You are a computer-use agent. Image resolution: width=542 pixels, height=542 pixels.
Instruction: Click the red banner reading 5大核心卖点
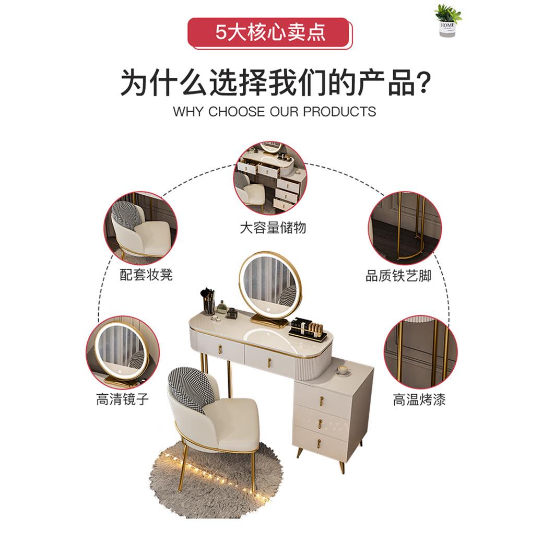tap(269, 32)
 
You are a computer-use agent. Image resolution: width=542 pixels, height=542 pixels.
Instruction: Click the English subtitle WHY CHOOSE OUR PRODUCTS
tap(274, 111)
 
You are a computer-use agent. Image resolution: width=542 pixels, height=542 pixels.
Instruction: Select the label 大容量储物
tap(273, 228)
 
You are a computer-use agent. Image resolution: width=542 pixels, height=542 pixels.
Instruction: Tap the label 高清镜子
tap(123, 400)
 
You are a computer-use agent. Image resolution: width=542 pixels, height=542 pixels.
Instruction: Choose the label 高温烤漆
tap(419, 400)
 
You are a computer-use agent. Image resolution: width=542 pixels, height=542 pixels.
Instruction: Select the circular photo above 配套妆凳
tap(140, 228)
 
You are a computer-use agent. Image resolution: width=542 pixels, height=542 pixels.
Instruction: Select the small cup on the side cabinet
tap(343, 370)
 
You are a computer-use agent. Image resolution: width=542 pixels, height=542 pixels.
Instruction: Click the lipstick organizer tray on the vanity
tap(308, 330)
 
